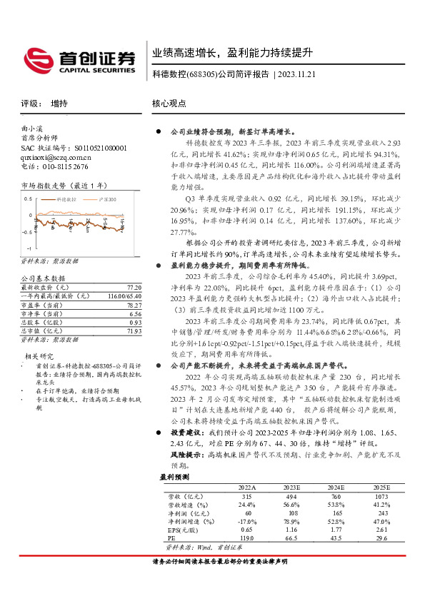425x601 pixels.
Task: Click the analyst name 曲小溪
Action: click(x=32, y=130)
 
